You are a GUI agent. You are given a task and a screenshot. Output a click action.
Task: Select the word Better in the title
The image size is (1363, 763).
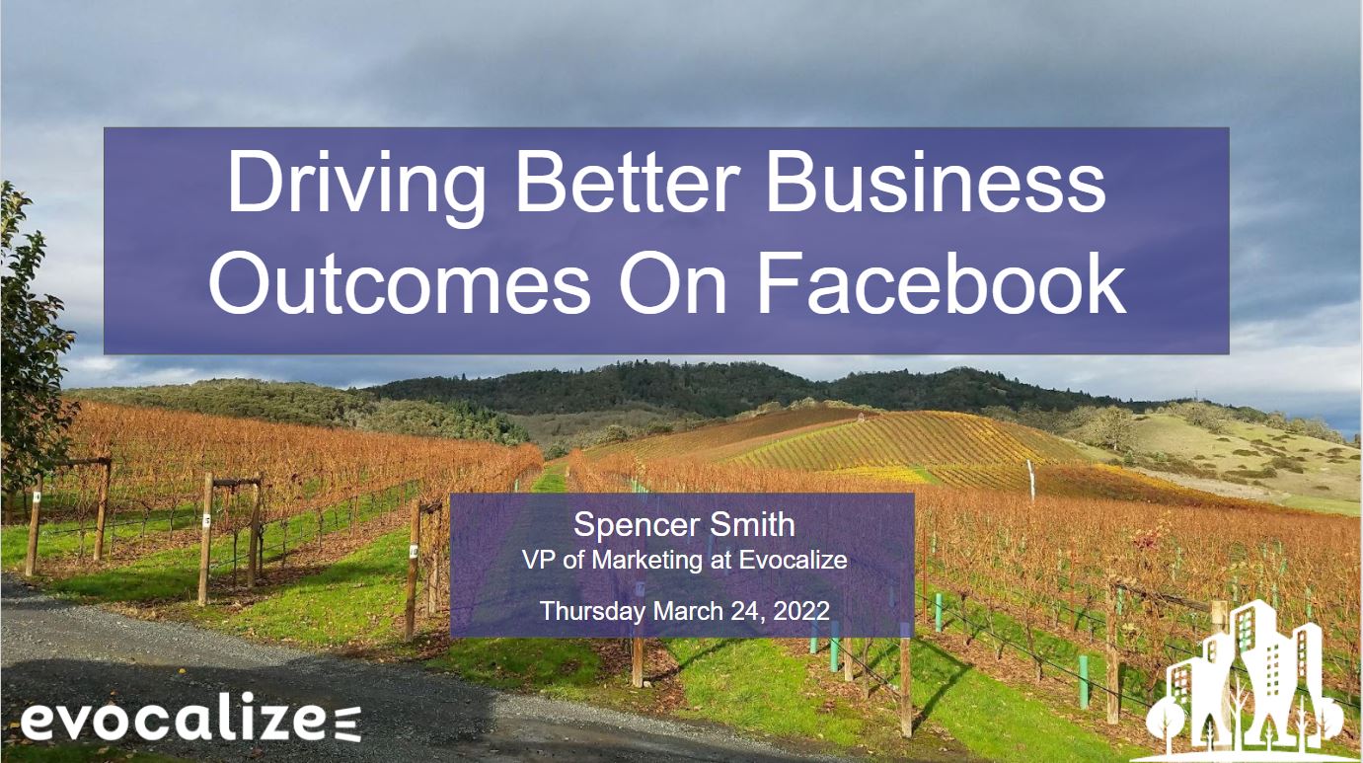pyautogui.click(x=628, y=182)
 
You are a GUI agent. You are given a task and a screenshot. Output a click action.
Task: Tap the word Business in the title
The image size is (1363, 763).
pyautogui.click(x=937, y=182)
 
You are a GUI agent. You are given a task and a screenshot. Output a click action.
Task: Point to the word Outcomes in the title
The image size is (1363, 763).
pyautogui.click(x=400, y=284)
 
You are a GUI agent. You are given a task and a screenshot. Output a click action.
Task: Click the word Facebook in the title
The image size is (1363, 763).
pyautogui.click(x=942, y=283)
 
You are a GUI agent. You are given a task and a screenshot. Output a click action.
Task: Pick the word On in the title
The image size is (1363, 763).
pyautogui.click(x=673, y=284)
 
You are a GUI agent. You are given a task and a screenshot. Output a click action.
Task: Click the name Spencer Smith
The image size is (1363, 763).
pyautogui.click(x=684, y=524)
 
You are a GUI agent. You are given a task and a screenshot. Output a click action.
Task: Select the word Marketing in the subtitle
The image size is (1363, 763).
pyautogui.click(x=648, y=561)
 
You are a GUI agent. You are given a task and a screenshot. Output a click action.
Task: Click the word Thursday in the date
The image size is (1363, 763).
pyautogui.click(x=592, y=611)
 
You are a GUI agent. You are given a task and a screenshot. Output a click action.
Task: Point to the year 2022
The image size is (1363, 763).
pyautogui.click(x=801, y=611)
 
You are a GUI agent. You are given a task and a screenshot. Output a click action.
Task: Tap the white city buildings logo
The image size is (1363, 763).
pyautogui.click(x=1245, y=680)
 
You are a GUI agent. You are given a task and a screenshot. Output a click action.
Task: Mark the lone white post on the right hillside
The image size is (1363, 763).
pyautogui.click(x=1030, y=480)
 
